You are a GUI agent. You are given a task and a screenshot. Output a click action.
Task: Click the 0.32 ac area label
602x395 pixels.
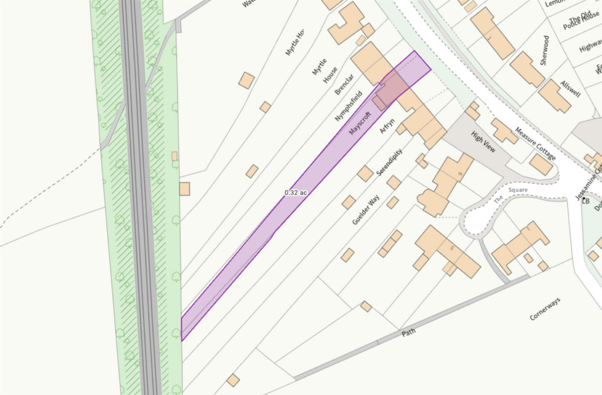click(x=296, y=192)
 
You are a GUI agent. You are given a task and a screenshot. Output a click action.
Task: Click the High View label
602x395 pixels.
click(x=484, y=142)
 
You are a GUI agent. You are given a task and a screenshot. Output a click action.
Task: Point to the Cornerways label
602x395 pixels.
click(x=545, y=309)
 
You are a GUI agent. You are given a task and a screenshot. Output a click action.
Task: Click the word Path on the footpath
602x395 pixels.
click(x=409, y=333)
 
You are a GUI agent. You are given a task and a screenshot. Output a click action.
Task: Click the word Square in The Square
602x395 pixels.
click(x=518, y=190)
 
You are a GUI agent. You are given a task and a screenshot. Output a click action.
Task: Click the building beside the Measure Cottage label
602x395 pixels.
click(x=540, y=165)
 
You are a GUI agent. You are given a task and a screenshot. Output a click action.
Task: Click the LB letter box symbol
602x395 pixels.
click(x=585, y=200)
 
